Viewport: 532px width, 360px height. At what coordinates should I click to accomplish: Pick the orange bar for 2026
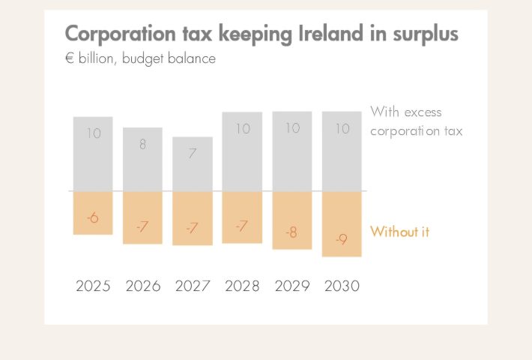(142, 217)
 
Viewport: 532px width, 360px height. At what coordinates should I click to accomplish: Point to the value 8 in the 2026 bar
(142, 145)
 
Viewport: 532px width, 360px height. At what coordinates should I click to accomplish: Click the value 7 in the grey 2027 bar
(193, 154)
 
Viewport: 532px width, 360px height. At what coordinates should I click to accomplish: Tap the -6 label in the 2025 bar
(93, 218)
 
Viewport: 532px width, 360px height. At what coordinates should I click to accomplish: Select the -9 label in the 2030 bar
(342, 240)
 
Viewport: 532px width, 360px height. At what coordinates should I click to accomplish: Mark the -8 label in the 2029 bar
(291, 232)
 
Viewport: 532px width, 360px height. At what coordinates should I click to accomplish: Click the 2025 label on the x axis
(93, 286)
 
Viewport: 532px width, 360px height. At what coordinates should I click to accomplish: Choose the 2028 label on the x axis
(242, 286)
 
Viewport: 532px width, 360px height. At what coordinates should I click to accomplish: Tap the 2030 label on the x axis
(342, 286)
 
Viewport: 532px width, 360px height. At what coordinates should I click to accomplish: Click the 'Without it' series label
(399, 232)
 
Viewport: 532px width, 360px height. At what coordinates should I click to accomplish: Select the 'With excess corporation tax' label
(416, 121)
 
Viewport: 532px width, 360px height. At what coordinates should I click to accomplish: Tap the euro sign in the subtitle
(70, 58)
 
